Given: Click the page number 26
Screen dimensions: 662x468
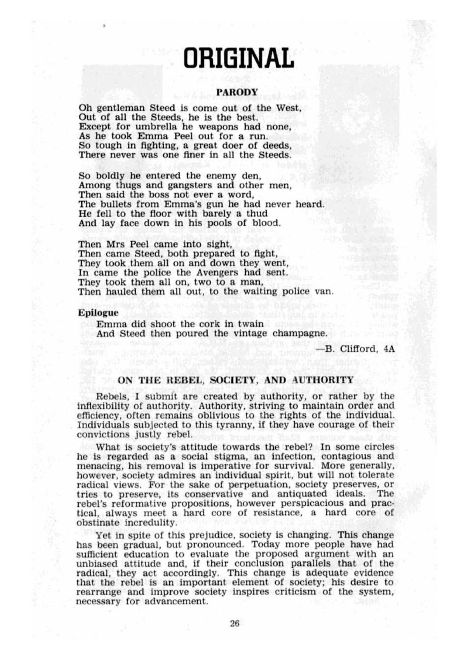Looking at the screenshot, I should point(234,623).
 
